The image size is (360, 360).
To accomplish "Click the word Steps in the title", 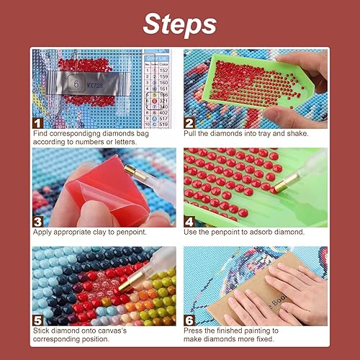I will (179, 23).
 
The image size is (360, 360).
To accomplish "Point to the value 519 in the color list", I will (164, 124).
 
